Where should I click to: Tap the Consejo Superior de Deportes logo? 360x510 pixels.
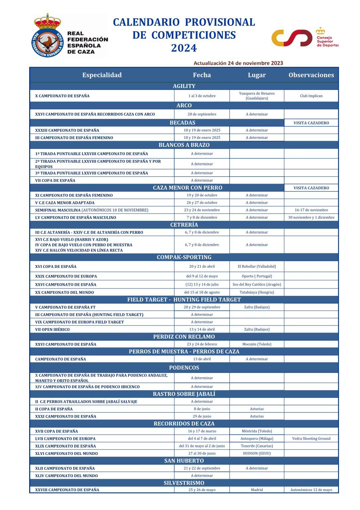(x=304, y=38)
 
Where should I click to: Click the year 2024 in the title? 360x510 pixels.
(x=184, y=48)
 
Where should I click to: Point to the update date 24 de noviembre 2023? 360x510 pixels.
(x=255, y=63)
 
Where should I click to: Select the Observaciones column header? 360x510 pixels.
(x=311, y=75)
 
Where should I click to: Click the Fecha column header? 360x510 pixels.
(x=202, y=75)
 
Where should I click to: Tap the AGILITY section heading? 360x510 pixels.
(x=184, y=86)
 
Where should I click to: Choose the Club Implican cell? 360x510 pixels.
(x=311, y=96)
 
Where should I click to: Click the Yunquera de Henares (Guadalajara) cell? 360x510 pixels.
(x=256, y=96)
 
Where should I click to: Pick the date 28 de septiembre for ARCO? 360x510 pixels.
(x=202, y=114)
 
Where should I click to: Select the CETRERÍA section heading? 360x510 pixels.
(x=184, y=225)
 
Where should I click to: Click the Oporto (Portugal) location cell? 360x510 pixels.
(x=256, y=276)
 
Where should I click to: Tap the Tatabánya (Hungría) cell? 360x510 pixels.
(x=256, y=293)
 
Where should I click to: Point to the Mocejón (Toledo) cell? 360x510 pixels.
(x=256, y=344)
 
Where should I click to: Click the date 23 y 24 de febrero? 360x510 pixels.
(x=202, y=344)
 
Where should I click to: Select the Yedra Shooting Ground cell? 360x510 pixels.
(x=311, y=439)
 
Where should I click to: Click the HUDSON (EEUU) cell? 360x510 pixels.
(x=256, y=454)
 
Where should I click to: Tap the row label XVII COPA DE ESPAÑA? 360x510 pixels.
(x=56, y=431)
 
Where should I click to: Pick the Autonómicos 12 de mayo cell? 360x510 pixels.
(x=311, y=490)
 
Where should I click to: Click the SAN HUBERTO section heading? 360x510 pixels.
(x=184, y=461)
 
